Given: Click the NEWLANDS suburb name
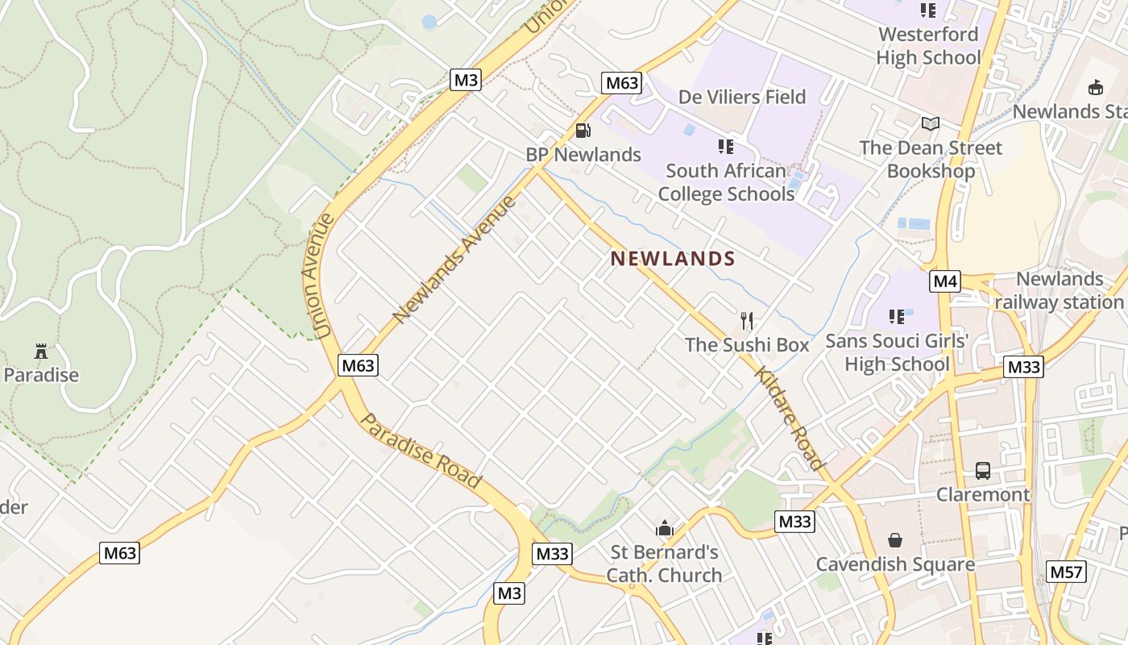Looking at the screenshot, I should click(673, 259).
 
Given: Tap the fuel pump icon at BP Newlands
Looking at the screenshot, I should click(583, 130).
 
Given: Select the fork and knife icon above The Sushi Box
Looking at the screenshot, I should click(747, 321).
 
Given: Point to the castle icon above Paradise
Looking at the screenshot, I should click(41, 351).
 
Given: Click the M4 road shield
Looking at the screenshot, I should click(945, 281).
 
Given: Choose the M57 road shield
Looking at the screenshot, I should click(1067, 572).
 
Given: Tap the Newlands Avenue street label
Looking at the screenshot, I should click(454, 259).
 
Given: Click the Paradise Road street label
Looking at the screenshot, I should click(420, 451).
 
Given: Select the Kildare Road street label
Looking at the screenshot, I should click(790, 418).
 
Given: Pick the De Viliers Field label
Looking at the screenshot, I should click(742, 98).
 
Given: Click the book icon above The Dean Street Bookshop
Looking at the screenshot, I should click(930, 123).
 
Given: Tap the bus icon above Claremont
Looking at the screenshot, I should click(982, 470).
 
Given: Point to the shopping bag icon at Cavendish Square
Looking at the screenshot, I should click(895, 539).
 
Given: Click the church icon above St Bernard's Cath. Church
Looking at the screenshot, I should click(665, 528).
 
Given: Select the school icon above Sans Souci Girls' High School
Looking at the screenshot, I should click(897, 317).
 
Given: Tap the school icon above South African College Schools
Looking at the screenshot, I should click(726, 147).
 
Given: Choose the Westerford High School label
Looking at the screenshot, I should click(928, 46).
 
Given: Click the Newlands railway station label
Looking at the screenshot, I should click(1059, 291).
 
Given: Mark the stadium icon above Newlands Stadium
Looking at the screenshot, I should click(1096, 87).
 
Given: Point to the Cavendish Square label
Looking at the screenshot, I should click(895, 564).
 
